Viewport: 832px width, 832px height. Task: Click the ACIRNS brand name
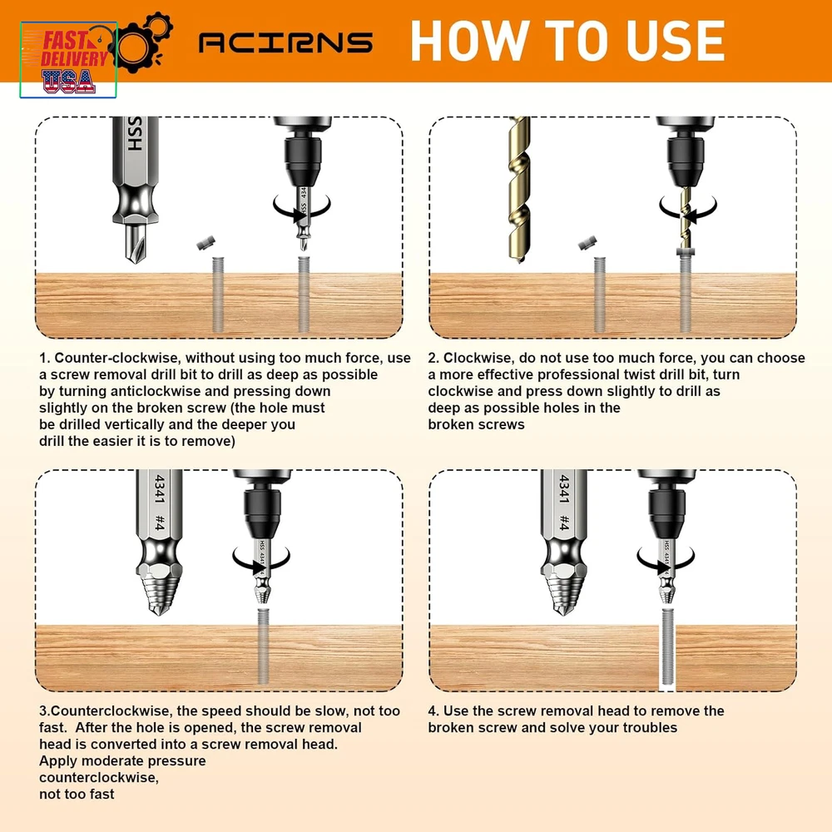pos(285,43)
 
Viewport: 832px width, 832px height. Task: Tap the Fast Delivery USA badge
pos(68,60)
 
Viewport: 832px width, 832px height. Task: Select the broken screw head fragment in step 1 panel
pos(206,243)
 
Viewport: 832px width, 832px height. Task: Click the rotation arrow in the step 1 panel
pos(301,208)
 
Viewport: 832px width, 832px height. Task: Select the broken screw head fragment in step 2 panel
pos(587,244)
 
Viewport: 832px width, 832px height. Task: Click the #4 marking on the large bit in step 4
pos(565,522)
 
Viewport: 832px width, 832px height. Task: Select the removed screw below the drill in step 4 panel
pos(667,648)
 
